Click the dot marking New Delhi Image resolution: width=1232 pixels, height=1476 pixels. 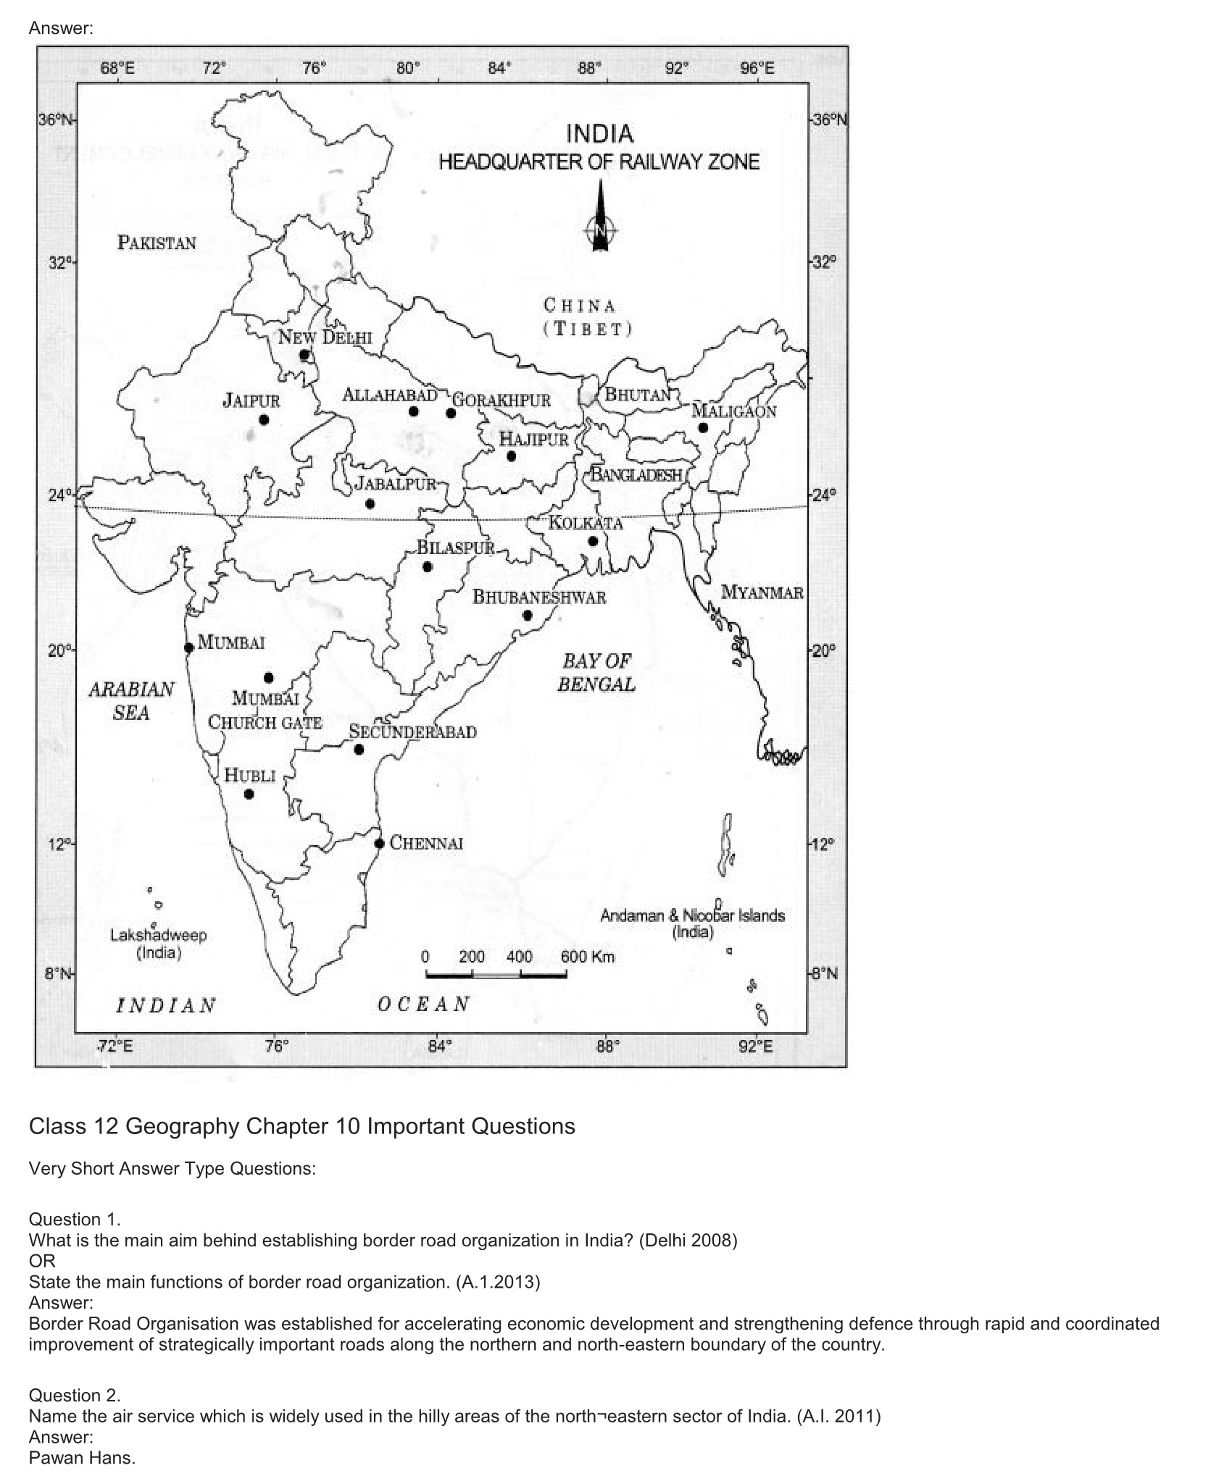click(x=304, y=356)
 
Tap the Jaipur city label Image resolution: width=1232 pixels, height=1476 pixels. click(x=251, y=401)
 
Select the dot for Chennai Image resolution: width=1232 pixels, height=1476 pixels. click(x=379, y=843)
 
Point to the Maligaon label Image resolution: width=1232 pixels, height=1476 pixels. click(x=733, y=411)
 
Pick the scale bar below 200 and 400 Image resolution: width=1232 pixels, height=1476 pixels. click(x=496, y=976)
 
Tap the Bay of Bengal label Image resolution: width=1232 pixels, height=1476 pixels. click(x=596, y=672)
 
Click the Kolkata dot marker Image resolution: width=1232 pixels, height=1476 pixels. click(x=593, y=541)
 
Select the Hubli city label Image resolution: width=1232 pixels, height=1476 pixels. click(x=249, y=775)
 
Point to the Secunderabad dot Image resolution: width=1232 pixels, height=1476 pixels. click(x=359, y=750)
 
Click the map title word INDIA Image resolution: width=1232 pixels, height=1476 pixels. click(x=599, y=134)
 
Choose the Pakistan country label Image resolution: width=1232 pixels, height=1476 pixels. click(x=157, y=243)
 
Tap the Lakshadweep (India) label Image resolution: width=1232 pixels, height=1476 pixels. click(x=158, y=943)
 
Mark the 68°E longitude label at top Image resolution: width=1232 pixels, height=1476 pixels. click(x=117, y=70)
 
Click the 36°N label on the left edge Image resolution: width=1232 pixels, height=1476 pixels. click(x=55, y=119)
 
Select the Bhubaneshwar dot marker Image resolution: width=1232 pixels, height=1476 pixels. click(x=528, y=616)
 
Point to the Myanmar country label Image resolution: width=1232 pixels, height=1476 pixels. click(x=762, y=592)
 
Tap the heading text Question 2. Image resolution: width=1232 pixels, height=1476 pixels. click(x=75, y=1395)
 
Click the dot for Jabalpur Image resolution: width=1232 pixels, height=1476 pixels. click(x=370, y=504)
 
